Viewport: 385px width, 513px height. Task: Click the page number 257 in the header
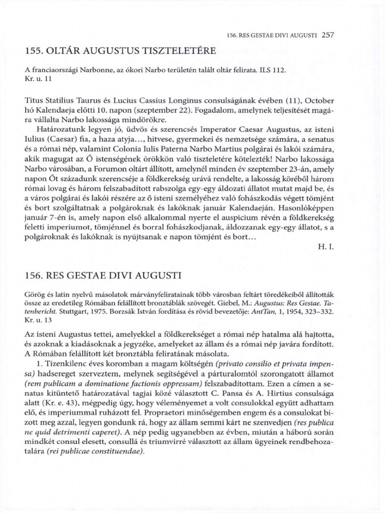tap(327, 35)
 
